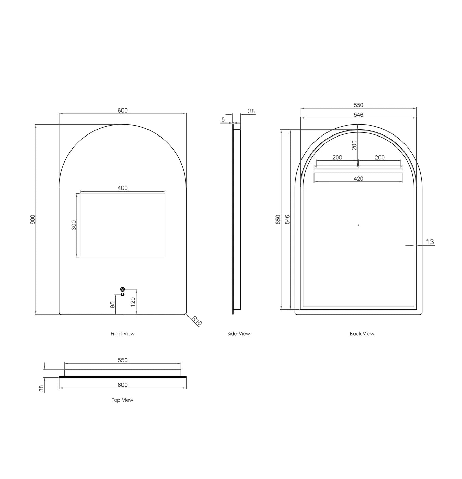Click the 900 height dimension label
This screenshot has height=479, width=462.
pyautogui.click(x=33, y=219)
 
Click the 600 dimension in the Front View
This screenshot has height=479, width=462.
pyautogui.click(x=123, y=111)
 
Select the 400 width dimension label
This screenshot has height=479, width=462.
pyautogui.click(x=123, y=188)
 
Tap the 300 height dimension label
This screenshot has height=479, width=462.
pyautogui.click(x=74, y=225)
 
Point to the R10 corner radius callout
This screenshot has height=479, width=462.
pyautogui.click(x=197, y=321)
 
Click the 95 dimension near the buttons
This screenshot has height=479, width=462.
pyautogui.click(x=113, y=305)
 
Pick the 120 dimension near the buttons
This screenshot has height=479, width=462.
pyautogui.click(x=133, y=302)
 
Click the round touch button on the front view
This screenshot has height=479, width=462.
pyautogui.click(x=122, y=289)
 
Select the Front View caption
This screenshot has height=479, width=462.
pyautogui.click(x=123, y=334)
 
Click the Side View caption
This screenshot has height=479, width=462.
pyautogui.click(x=239, y=334)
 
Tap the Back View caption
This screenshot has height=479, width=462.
pyautogui.click(x=362, y=334)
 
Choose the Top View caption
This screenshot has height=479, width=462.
pyautogui.click(x=123, y=400)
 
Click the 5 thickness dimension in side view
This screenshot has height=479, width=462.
pyautogui.click(x=223, y=120)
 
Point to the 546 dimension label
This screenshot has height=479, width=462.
pyautogui.click(x=358, y=115)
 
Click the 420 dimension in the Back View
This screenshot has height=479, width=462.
pyautogui.click(x=358, y=178)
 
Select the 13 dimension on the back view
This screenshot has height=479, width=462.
pyautogui.click(x=430, y=242)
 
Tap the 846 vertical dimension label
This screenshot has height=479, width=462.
pyautogui.click(x=287, y=219)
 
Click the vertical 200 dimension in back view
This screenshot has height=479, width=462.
pyautogui.click(x=355, y=145)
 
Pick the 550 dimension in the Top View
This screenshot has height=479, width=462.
pyautogui.click(x=123, y=360)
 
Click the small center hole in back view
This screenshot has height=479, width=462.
pyautogui.click(x=358, y=225)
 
